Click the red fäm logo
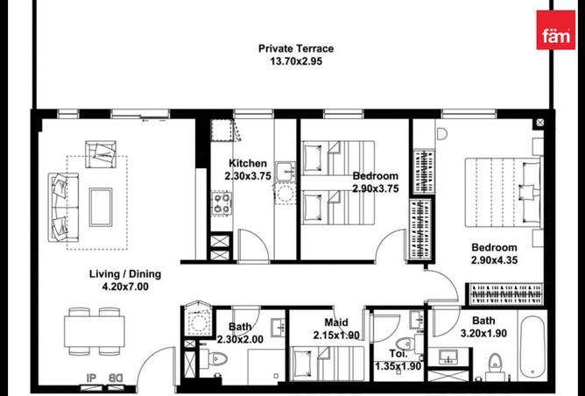click(555, 30)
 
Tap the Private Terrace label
click(296, 48)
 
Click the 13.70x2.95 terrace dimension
click(296, 61)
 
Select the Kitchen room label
click(248, 164)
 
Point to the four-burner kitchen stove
click(222, 203)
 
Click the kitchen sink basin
click(285, 172)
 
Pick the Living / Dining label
click(125, 274)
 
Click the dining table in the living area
click(95, 331)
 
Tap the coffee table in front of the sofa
click(101, 207)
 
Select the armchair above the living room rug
click(101, 154)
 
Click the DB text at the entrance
click(115, 378)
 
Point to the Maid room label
click(336, 322)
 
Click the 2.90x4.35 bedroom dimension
click(494, 260)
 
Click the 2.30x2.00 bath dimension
click(240, 340)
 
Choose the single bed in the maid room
click(328, 363)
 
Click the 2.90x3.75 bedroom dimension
click(376, 189)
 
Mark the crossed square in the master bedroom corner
click(539, 123)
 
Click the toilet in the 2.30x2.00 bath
click(215, 359)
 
